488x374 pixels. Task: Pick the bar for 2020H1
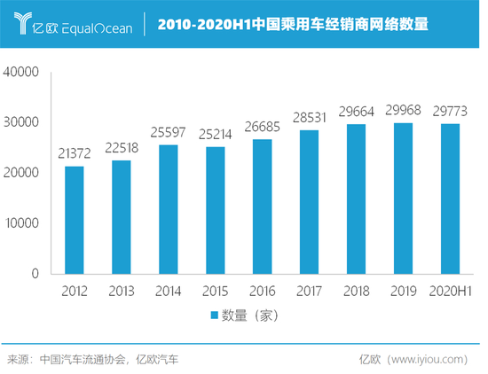pyautogui.click(x=450, y=199)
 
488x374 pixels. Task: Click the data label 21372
pyautogui.click(x=75, y=156)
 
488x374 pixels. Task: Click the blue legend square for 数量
pyautogui.click(x=214, y=315)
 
